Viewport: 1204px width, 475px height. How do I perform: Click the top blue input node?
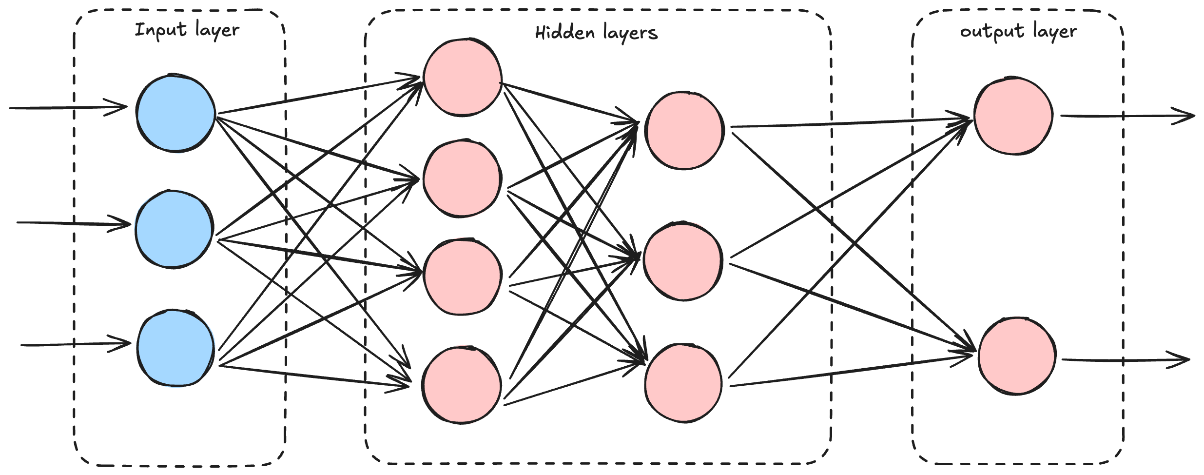175,113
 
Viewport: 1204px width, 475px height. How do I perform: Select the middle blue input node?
175,229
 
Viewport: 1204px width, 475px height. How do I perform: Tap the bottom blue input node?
175,348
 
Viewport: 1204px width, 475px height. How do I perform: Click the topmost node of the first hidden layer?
462,78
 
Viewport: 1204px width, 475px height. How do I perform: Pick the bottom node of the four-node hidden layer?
461,385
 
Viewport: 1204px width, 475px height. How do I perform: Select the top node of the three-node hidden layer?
684,130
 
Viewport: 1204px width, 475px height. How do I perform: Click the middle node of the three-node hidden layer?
682,261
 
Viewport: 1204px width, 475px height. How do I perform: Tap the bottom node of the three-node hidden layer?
683,383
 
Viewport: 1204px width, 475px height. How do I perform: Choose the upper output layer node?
1013,116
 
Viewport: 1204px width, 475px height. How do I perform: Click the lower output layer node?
1017,356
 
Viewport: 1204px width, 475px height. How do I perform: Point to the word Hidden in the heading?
564,33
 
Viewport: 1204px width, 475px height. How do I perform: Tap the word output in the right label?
991,32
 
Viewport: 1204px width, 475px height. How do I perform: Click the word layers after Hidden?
630,33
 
